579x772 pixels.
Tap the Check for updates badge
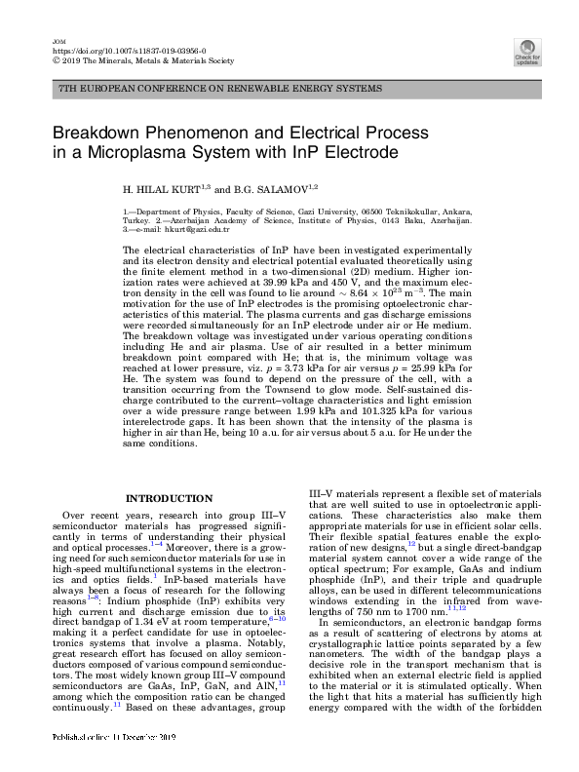tap(527, 52)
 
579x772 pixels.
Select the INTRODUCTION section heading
tap(170, 499)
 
